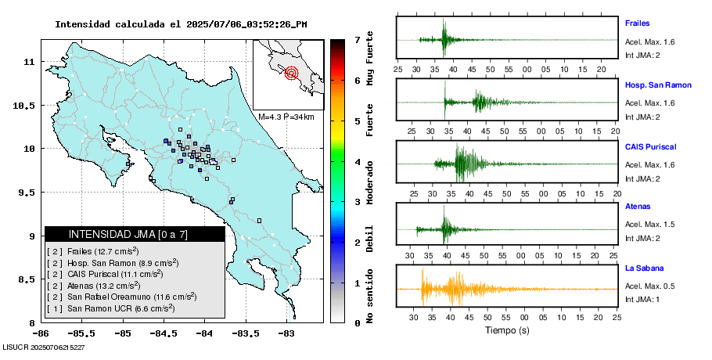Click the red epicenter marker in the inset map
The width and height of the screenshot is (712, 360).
tap(292, 74)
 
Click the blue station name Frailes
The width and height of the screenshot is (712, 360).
tap(637, 23)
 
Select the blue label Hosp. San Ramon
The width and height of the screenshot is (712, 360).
tap(658, 85)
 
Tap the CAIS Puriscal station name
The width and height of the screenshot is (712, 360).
tap(650, 146)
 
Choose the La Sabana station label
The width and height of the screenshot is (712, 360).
tap(643, 268)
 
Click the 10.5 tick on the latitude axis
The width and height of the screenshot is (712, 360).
tap(27, 105)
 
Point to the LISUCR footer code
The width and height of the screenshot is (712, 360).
tap(44, 347)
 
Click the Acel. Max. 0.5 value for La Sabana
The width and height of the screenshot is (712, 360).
tap(649, 285)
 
